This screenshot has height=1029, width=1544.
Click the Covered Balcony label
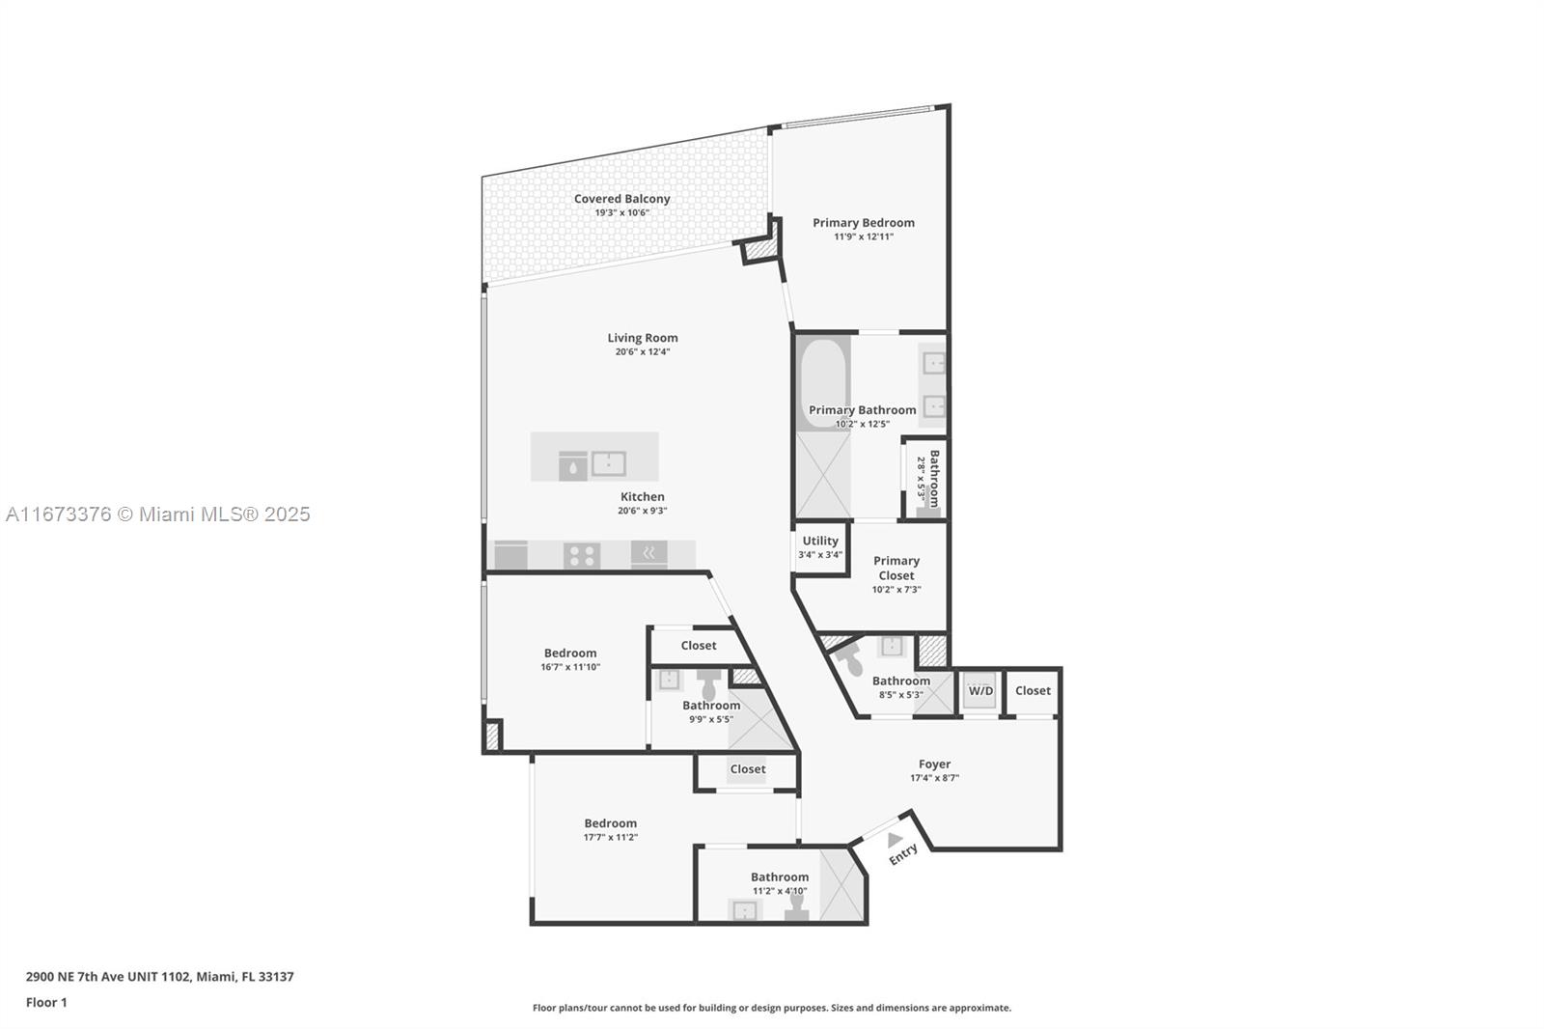[621, 199]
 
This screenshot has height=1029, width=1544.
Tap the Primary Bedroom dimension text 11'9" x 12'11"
[864, 236]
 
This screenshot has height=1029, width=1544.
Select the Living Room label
[643, 338]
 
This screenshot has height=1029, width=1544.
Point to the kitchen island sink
[609, 463]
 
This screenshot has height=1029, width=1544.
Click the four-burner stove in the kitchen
[582, 555]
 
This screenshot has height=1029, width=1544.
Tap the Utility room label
[820, 541]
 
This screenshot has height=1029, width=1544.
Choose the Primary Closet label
[896, 568]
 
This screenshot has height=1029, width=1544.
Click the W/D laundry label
[980, 690]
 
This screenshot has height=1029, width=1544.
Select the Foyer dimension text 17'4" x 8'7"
[935, 778]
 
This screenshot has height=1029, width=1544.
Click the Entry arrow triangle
[895, 840]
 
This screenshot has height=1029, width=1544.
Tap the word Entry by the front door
[903, 854]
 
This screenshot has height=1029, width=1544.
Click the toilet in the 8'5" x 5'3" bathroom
[851, 661]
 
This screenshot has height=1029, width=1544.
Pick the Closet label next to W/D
[1033, 690]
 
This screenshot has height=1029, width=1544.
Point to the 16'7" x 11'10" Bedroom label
[570, 654]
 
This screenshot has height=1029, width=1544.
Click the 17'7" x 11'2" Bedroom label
[610, 823]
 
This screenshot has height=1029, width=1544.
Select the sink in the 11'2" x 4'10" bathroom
[744, 911]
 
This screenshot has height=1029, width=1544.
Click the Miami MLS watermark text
[158, 514]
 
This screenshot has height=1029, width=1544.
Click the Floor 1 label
[46, 1003]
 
